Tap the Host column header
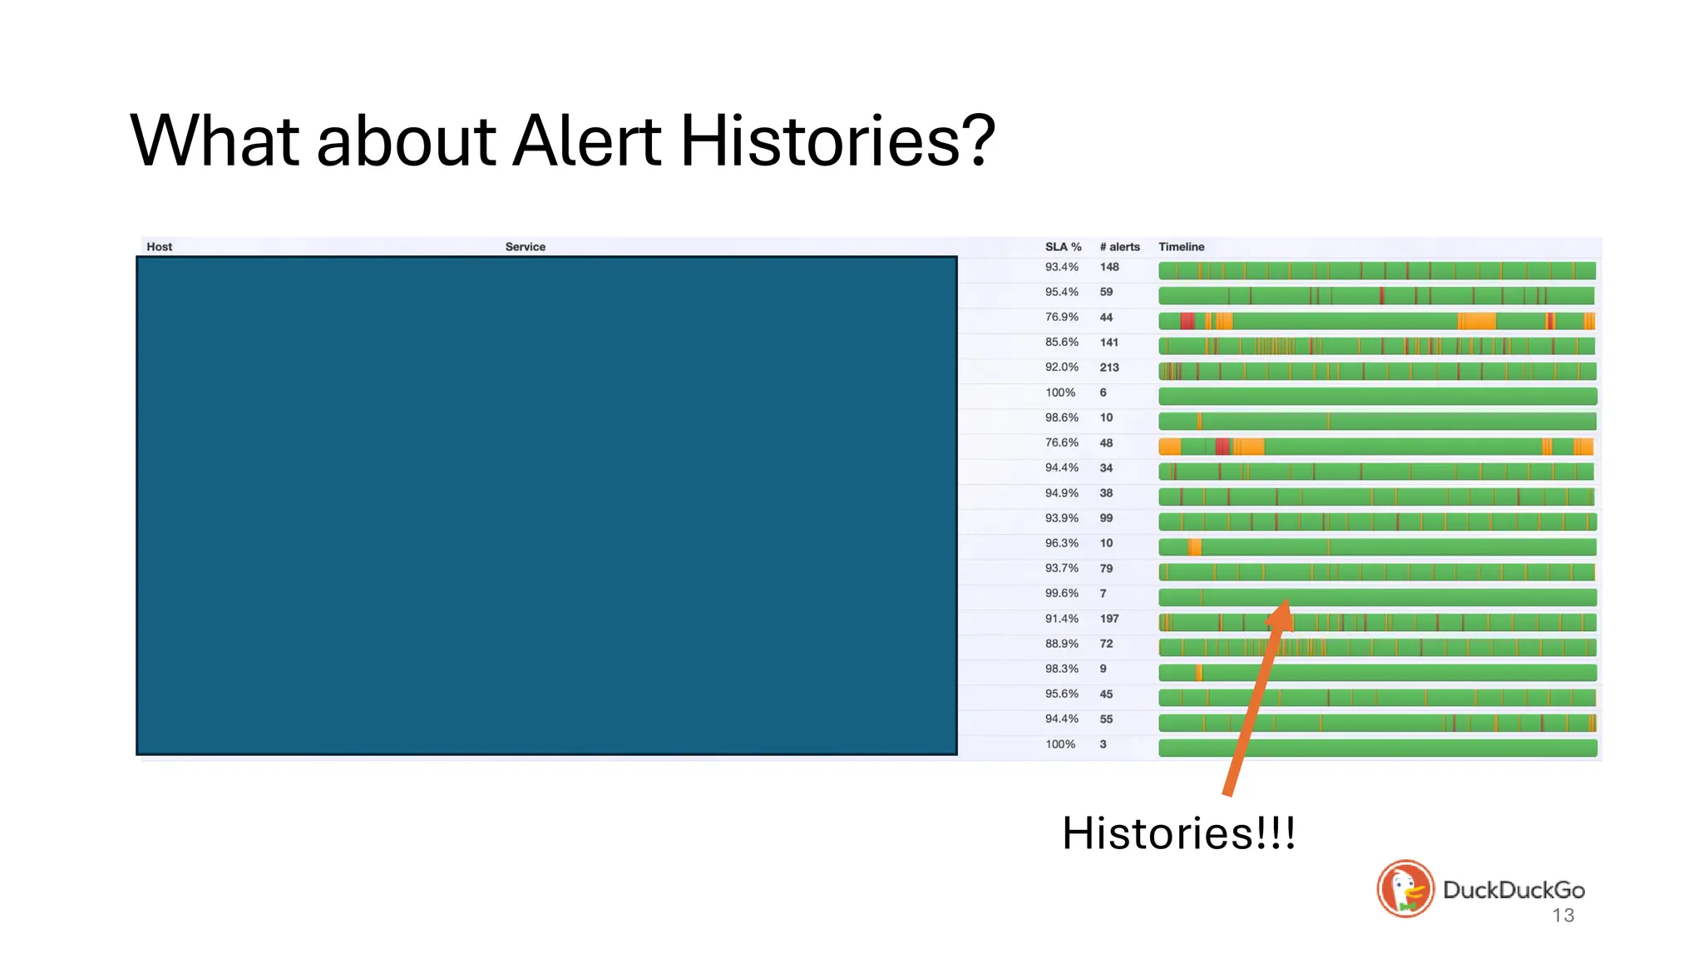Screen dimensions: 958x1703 pos(159,247)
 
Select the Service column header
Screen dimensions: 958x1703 pos(525,247)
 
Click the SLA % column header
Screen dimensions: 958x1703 pos(1063,247)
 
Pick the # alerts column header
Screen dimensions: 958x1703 pos(1119,247)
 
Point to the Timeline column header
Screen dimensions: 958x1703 pos(1181,247)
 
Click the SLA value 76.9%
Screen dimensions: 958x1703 pos(1061,318)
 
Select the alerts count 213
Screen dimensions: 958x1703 pos(1109,368)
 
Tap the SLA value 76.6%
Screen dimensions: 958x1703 pos(1061,443)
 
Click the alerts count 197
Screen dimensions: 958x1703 pos(1109,619)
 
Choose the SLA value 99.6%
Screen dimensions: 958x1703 pos(1061,594)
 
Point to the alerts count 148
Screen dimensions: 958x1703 pos(1109,267)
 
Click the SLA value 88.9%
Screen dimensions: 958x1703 pos(1061,644)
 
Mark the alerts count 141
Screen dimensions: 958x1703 pos(1109,343)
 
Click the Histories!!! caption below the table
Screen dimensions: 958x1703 pos(1178,833)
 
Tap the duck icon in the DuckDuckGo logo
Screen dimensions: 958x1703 pos(1405,889)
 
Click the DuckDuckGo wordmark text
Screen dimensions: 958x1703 pos(1513,890)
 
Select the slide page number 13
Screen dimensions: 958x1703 pos(1562,916)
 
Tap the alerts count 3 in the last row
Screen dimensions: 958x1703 pos(1103,744)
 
